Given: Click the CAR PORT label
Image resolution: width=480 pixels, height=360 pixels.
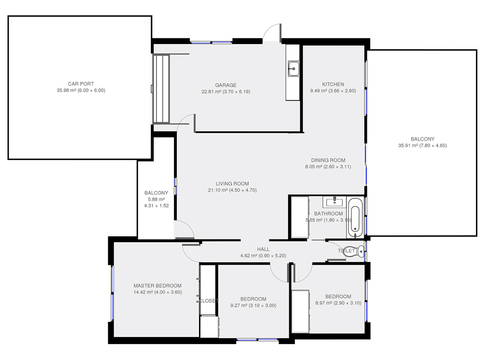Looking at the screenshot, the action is tap(81, 84).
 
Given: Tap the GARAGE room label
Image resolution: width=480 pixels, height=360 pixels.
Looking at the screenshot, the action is tap(226, 85).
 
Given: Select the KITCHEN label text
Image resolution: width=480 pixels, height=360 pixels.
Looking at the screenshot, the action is tap(333, 84).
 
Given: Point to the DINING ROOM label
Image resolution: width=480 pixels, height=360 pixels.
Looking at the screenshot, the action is tap(328, 160).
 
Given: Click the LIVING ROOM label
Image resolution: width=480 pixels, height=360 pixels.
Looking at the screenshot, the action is tap(232, 183).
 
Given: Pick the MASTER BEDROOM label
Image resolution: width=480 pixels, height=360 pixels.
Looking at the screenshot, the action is tap(158, 286).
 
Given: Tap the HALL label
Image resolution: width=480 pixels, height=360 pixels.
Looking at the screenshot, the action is tap(263, 249).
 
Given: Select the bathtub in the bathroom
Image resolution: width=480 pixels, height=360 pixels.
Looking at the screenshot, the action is tap(355, 218).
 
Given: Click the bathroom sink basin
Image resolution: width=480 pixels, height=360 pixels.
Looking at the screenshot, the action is tap(334, 202).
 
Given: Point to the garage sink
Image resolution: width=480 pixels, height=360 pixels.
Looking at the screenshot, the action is tap(294, 69).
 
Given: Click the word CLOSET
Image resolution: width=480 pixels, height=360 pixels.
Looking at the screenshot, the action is tap(209, 301).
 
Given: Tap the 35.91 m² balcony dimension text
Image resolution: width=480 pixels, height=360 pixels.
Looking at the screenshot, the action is tap(422, 146).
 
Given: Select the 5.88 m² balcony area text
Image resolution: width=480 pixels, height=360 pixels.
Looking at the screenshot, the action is tap(156, 199).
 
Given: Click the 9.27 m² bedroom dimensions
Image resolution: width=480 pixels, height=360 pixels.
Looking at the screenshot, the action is tap(253, 306).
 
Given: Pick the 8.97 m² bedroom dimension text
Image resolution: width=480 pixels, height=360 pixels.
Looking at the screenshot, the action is tap(338, 303).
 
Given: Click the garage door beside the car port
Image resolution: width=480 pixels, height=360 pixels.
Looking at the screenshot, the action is tap(161, 89).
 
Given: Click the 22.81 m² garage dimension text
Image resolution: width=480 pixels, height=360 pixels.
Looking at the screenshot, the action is tap(226, 91).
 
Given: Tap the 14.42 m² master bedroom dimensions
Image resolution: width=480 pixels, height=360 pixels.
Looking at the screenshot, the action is tap(158, 293).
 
